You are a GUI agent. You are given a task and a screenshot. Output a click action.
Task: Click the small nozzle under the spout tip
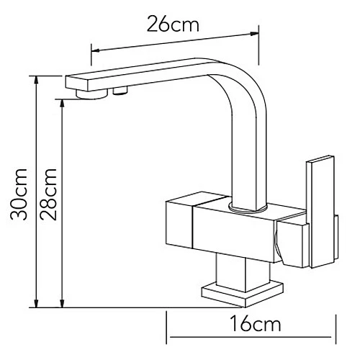[x=120, y=91]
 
